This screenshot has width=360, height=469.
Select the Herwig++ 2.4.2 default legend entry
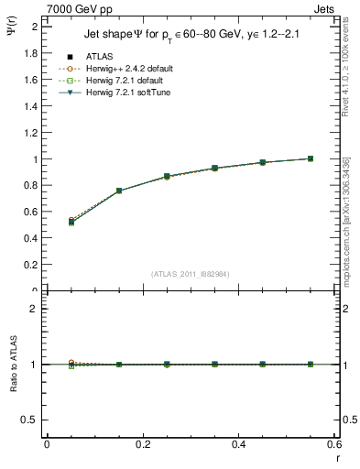coord(128,69)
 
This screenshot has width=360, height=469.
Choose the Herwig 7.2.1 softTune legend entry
coord(127,93)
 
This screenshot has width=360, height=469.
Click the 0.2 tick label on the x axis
coord(142,443)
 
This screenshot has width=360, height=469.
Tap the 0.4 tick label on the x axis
coord(238,443)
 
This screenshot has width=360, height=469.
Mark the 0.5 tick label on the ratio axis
coord(31,420)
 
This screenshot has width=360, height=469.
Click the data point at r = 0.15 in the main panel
coord(119,191)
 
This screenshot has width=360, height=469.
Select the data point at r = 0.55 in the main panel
coord(311,158)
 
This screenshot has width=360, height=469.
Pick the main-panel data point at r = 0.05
coord(71,222)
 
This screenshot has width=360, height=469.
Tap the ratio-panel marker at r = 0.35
coord(214,365)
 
